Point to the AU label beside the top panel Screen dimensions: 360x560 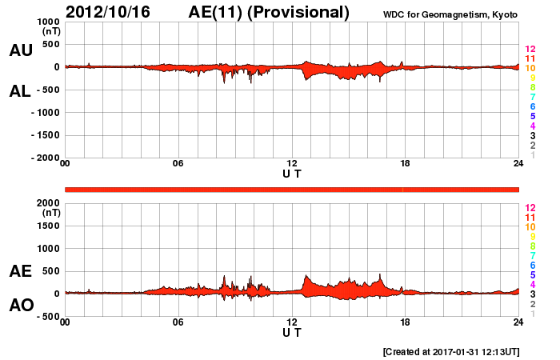(x=21, y=50)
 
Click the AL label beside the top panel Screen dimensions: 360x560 (x=21, y=91)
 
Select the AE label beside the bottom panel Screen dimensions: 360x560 (x=21, y=271)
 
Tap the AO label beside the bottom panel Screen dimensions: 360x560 (x=21, y=306)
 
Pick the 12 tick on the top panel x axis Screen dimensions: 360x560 (x=292, y=164)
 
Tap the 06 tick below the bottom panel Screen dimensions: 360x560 (x=178, y=322)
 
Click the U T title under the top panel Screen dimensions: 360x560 (x=292, y=174)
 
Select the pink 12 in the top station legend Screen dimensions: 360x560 (x=530, y=49)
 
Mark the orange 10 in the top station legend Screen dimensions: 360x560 (x=530, y=68)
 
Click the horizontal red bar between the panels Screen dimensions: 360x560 (x=292, y=189)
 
